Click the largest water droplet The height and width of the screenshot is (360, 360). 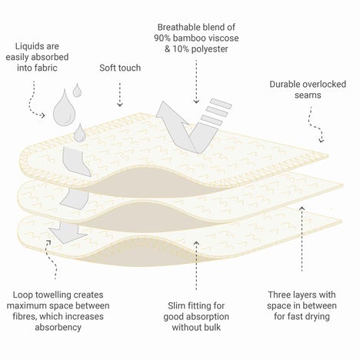65,110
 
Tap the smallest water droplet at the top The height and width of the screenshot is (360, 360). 77,91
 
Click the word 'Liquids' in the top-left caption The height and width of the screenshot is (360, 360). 26,46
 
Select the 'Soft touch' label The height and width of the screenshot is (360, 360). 120,68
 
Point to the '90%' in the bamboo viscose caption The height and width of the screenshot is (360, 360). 162,38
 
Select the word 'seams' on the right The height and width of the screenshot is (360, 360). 308,95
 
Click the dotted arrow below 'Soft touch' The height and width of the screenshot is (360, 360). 120,95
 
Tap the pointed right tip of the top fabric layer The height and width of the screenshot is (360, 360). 328,155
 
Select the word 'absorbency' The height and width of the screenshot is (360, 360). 58,328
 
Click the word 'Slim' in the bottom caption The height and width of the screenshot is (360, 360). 175,305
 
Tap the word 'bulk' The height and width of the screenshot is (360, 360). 212,328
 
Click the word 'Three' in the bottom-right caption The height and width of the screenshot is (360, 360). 279,295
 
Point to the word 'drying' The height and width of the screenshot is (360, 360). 317,317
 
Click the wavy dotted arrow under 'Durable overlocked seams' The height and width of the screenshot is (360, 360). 315,124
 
